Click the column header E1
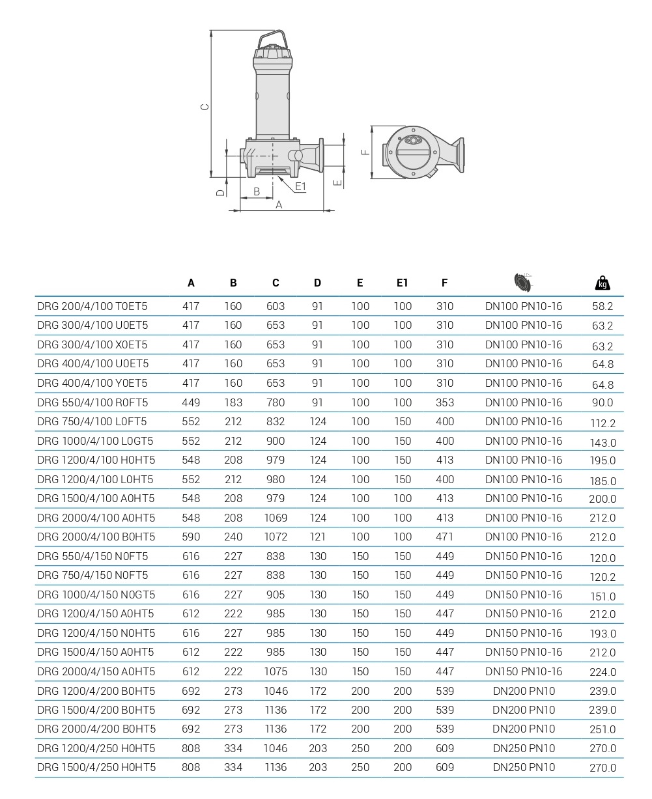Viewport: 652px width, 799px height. pyautogui.click(x=402, y=283)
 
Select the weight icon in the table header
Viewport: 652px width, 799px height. pyautogui.click(x=602, y=283)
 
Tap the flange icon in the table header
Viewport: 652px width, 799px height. pyautogui.click(x=523, y=282)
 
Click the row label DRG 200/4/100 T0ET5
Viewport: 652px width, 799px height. pyautogui.click(x=92, y=306)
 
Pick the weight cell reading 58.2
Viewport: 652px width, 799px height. pyautogui.click(x=602, y=306)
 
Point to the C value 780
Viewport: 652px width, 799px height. pyautogui.click(x=276, y=402)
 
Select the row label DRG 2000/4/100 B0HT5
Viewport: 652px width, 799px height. pyautogui.click(x=96, y=537)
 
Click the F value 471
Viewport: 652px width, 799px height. pyautogui.click(x=445, y=537)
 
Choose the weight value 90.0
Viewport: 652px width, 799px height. pyautogui.click(x=602, y=403)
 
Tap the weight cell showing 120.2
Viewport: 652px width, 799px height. pyautogui.click(x=602, y=577)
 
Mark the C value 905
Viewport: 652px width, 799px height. pyautogui.click(x=276, y=595)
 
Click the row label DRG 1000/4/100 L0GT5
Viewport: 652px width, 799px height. pyautogui.click(x=96, y=441)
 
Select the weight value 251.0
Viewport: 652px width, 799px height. pyautogui.click(x=602, y=730)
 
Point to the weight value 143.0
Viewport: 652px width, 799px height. pyautogui.click(x=602, y=443)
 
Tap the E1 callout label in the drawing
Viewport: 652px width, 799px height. pyautogui.click(x=300, y=187)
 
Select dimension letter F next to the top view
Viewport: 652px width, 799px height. pyautogui.click(x=365, y=152)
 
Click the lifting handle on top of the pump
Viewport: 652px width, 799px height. pyautogui.click(x=273, y=38)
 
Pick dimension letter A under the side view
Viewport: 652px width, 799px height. pyautogui.click(x=279, y=204)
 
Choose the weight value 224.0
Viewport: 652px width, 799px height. pyautogui.click(x=602, y=673)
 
